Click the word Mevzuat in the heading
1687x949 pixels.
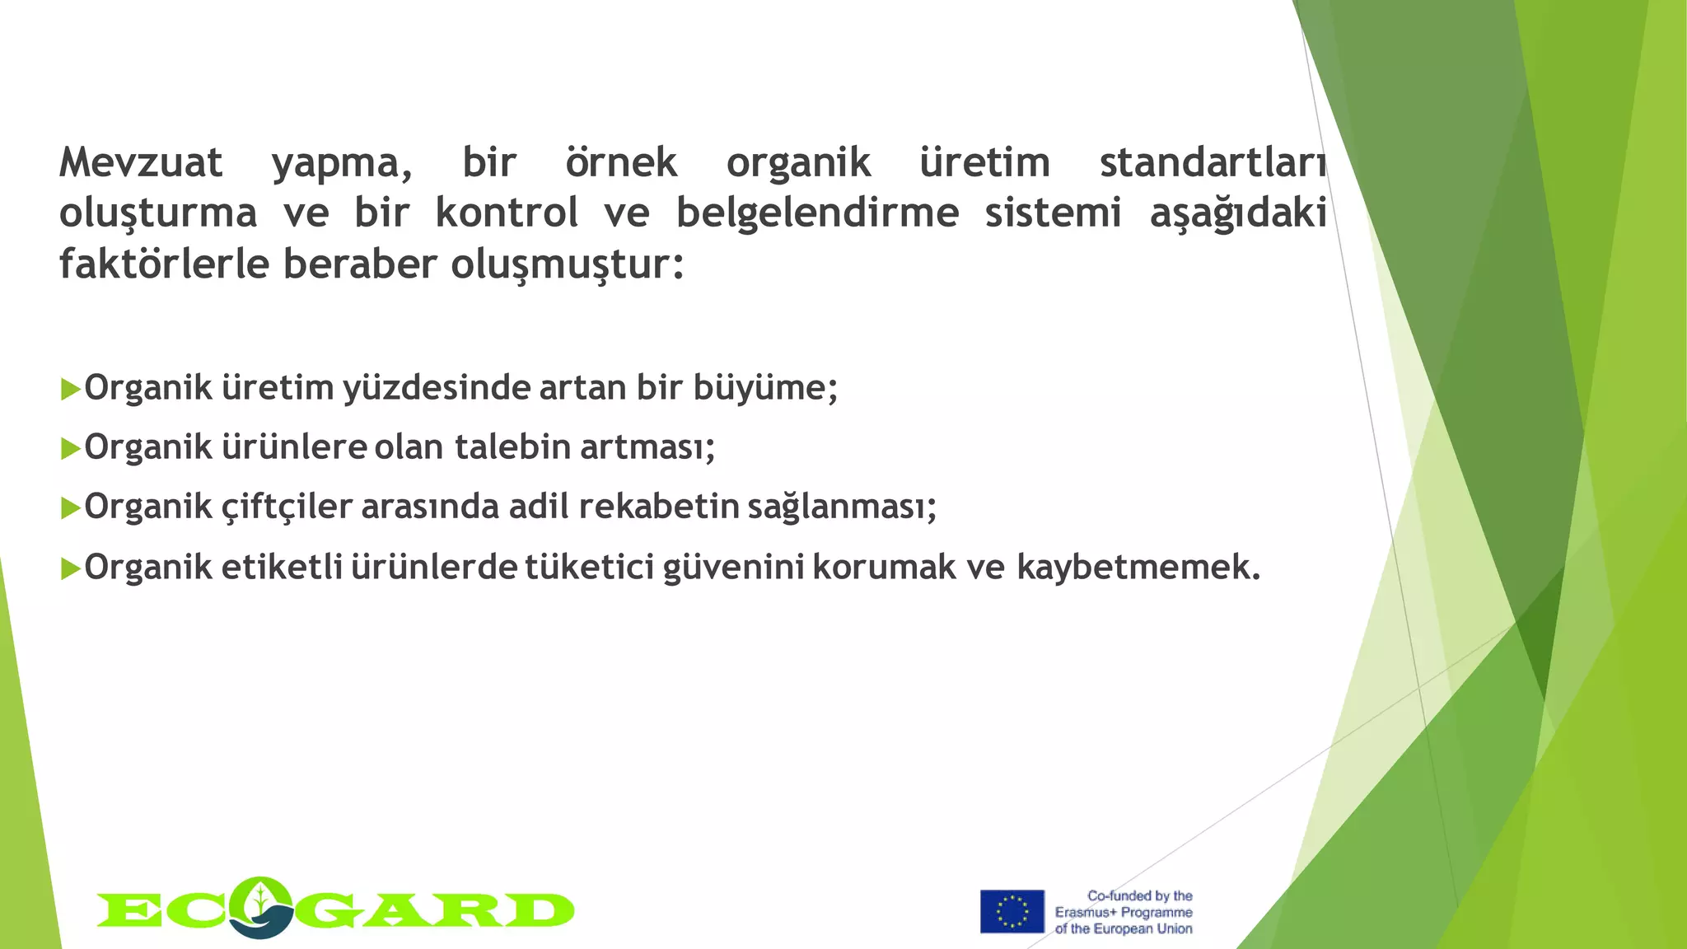tap(141, 162)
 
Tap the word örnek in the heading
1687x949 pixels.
tap(621, 162)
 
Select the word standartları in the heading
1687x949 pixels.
tap(1213, 162)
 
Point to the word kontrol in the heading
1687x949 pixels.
tap(507, 213)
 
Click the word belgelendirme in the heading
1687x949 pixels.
tap(817, 213)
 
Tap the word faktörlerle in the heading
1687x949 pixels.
tap(164, 264)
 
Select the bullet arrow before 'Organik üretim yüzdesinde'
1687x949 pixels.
tap(70, 389)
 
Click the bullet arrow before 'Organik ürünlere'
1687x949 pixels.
tap(70, 449)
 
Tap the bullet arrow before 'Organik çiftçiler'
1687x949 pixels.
tap(70, 508)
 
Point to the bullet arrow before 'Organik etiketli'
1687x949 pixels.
tap(70, 568)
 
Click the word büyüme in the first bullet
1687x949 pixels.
tap(759, 388)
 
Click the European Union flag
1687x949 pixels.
tap(1012, 911)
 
